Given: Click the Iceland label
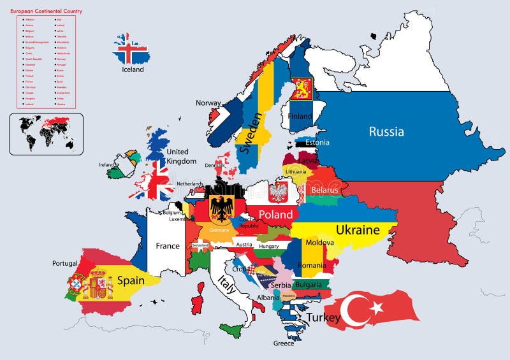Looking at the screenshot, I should click(133, 69).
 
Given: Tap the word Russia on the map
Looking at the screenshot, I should click(386, 132).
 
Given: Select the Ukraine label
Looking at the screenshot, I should click(358, 230).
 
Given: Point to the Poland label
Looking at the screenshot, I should click(275, 215).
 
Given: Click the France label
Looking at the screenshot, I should click(168, 246).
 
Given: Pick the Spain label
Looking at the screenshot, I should click(130, 280).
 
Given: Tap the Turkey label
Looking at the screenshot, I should click(324, 317).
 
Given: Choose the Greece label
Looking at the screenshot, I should click(284, 343).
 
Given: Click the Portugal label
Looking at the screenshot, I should click(64, 263).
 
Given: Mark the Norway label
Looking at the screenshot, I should click(208, 103).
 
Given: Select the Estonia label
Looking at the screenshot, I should click(317, 143).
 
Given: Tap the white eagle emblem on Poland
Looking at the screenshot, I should click(279, 191).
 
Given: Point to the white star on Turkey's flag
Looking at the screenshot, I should click(376, 308).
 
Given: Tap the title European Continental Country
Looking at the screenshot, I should click(46, 11).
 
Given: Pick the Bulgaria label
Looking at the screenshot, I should click(309, 285).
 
